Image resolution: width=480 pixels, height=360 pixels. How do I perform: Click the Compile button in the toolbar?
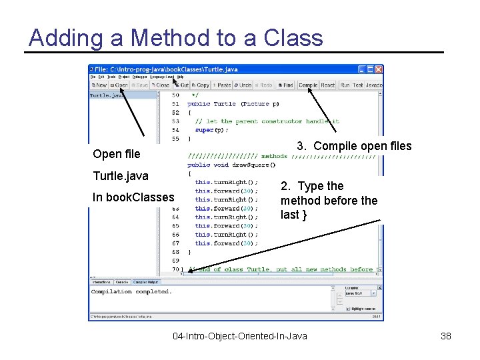tap(308, 85)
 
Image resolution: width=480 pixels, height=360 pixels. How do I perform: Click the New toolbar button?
tap(99, 85)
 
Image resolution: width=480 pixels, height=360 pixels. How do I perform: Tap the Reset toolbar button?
tap(328, 85)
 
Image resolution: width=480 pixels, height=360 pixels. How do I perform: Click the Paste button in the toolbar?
tap(222, 85)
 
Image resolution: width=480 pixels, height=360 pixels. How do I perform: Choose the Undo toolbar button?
tap(243, 85)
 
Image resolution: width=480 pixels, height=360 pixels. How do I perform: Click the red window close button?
tap(379, 69)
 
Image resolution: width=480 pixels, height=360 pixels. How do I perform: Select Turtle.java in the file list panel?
tap(107, 95)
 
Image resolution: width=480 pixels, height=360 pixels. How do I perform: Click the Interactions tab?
tap(101, 282)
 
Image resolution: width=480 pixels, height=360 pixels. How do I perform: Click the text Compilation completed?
tap(131, 291)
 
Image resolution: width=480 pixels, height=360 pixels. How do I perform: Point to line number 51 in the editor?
tap(175, 104)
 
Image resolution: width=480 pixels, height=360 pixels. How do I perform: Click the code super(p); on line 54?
tap(209, 130)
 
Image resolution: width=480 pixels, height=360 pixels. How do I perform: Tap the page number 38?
tap(446, 336)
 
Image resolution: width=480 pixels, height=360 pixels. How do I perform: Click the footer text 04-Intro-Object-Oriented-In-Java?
tap(240, 336)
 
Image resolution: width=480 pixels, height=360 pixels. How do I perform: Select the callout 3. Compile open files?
tap(354, 146)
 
